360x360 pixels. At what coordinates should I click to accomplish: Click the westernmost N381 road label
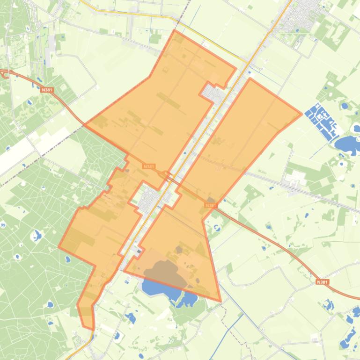coord(46,89)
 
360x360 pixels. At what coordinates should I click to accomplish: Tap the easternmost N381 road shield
coord(322,282)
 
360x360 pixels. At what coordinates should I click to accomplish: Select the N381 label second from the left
coord(148,166)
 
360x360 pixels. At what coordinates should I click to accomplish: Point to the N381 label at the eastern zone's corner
coord(211,205)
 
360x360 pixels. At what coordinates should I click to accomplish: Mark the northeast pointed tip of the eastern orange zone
coord(301,114)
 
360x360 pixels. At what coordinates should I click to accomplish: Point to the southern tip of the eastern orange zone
coord(220,301)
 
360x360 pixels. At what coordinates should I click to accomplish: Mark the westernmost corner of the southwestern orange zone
coord(59,246)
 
